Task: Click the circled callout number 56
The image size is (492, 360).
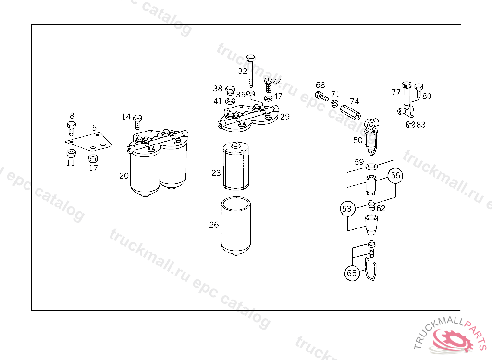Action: pyautogui.click(x=395, y=176)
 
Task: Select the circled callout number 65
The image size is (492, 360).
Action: pyautogui.click(x=352, y=273)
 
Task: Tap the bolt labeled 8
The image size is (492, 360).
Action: pyautogui.click(x=71, y=128)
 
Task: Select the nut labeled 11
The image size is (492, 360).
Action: pyautogui.click(x=71, y=154)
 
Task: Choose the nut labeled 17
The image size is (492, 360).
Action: pyautogui.click(x=93, y=158)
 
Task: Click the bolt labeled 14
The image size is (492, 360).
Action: pyautogui.click(x=138, y=121)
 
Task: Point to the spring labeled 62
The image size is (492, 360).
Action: pyautogui.click(x=371, y=207)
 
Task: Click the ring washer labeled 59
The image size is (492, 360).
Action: pyautogui.click(x=371, y=167)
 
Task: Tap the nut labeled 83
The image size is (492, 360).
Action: pyautogui.click(x=410, y=125)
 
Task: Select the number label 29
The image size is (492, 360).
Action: pyautogui.click(x=285, y=117)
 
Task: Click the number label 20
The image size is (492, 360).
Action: pyautogui.click(x=124, y=176)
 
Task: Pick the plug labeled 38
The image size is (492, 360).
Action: pyautogui.click(x=230, y=90)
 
